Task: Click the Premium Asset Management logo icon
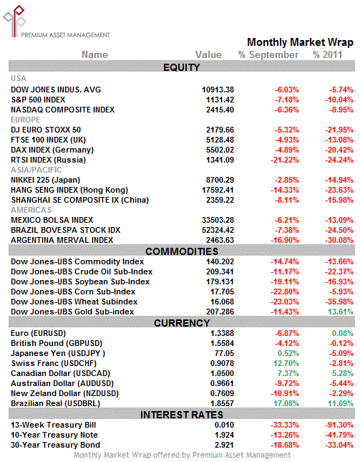tap(14, 21)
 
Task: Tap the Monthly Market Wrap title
tap(300, 42)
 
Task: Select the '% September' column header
tap(268, 55)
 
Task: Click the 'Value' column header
tap(208, 55)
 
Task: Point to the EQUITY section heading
tap(182, 67)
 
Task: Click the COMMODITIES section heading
tap(182, 251)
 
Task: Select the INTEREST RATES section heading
tap(182, 415)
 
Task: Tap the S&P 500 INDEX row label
tap(38, 100)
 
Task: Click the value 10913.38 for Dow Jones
tap(218, 90)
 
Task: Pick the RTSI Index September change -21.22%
tap(285, 160)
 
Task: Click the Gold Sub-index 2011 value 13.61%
tap(341, 312)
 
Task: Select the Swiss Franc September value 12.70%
tap(286, 363)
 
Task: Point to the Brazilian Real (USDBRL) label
tap(56, 403)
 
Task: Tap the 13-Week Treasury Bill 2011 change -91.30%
tap(339, 425)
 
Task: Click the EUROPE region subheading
tap(25, 120)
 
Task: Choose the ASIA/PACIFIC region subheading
tap(37, 170)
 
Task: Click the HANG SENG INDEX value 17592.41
tap(218, 190)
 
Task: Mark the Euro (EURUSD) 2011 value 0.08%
tap(343, 333)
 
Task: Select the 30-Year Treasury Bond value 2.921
tap(224, 445)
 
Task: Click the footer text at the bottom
tap(182, 456)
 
